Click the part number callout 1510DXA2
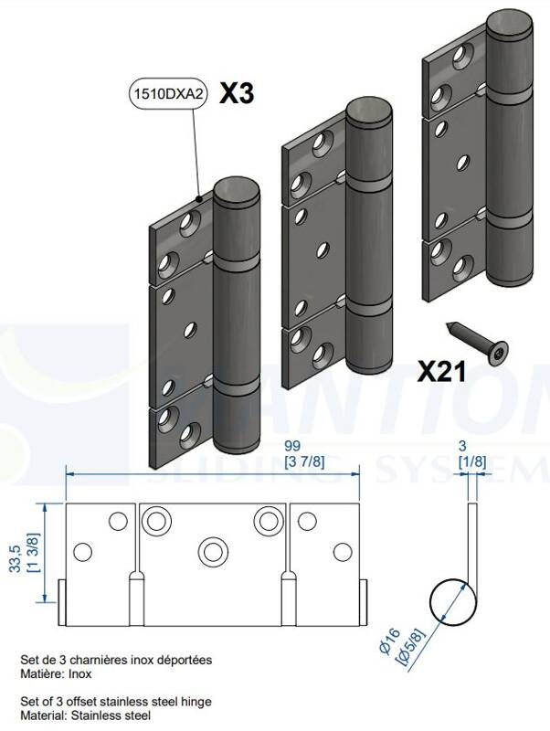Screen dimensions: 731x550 tap(165, 94)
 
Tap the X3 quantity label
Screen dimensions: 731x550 tap(237, 94)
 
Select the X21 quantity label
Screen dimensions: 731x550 tap(442, 371)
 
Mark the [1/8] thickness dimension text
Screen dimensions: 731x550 tap(472, 461)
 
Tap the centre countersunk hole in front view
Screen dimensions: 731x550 tap(215, 551)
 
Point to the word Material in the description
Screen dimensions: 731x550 tap(41, 716)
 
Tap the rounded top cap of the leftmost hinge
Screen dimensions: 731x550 tap(235, 193)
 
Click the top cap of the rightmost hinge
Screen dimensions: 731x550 tap(507, 25)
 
